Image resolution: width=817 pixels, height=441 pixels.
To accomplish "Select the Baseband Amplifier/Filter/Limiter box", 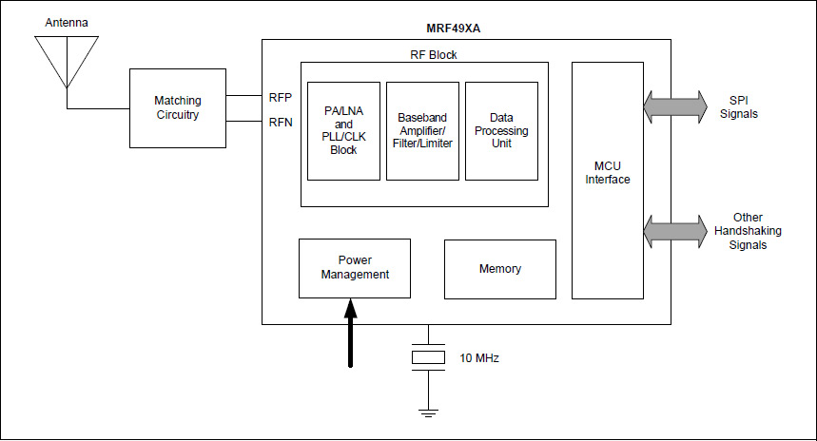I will click(422, 130).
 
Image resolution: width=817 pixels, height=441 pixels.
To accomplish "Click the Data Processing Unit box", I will click(501, 130).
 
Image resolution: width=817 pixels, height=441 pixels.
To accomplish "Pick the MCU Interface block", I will click(608, 180).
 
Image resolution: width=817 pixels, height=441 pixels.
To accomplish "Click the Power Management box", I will click(355, 267).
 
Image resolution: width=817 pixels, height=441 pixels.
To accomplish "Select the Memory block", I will click(500, 269).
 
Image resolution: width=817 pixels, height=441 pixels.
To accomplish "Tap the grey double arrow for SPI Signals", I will click(675, 106).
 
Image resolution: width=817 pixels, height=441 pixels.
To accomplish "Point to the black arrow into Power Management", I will click(351, 332).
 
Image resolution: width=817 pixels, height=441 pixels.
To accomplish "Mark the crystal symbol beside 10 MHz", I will click(428, 357).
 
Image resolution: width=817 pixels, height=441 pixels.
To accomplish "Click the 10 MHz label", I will click(479, 358).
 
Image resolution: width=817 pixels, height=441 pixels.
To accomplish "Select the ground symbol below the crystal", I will click(428, 411).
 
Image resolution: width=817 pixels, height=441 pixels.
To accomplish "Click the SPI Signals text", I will click(744, 106).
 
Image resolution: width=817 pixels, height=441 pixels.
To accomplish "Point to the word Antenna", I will click(67, 22).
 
